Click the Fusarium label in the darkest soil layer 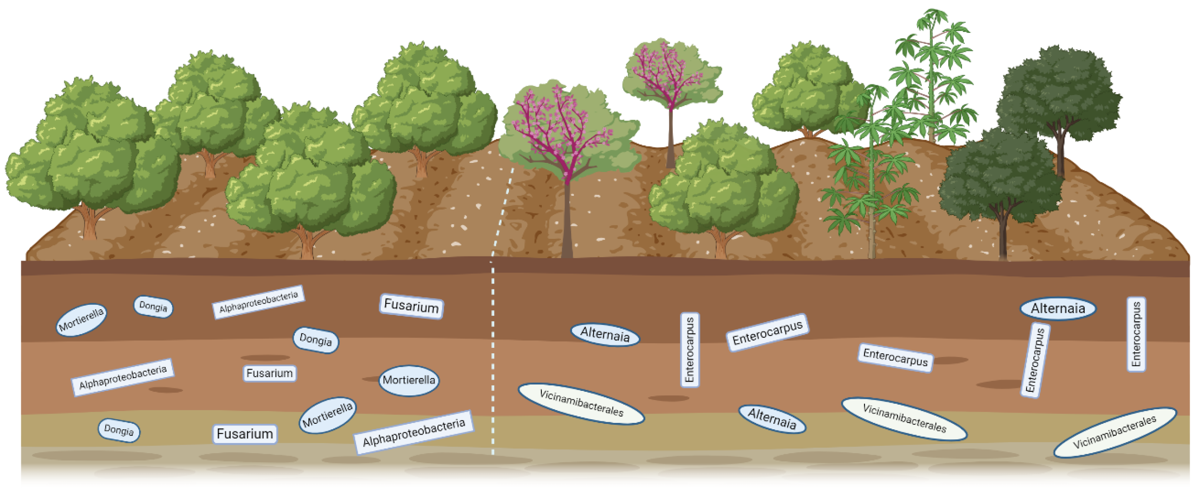click(x=411, y=306)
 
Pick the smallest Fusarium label click(x=269, y=373)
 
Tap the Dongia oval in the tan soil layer click(x=119, y=431)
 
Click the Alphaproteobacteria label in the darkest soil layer click(x=258, y=302)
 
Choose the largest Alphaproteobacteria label click(x=414, y=432)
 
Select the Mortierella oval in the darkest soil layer click(x=81, y=319)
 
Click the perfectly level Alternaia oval click(x=1058, y=309)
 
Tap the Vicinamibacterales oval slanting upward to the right click(x=1114, y=432)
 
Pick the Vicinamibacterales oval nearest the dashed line click(x=581, y=403)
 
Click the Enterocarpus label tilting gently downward click(x=895, y=357)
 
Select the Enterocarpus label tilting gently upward click(x=767, y=332)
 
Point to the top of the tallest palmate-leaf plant click(x=933, y=18)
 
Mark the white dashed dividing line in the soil click(x=493, y=353)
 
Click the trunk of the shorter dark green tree click(x=1003, y=237)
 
